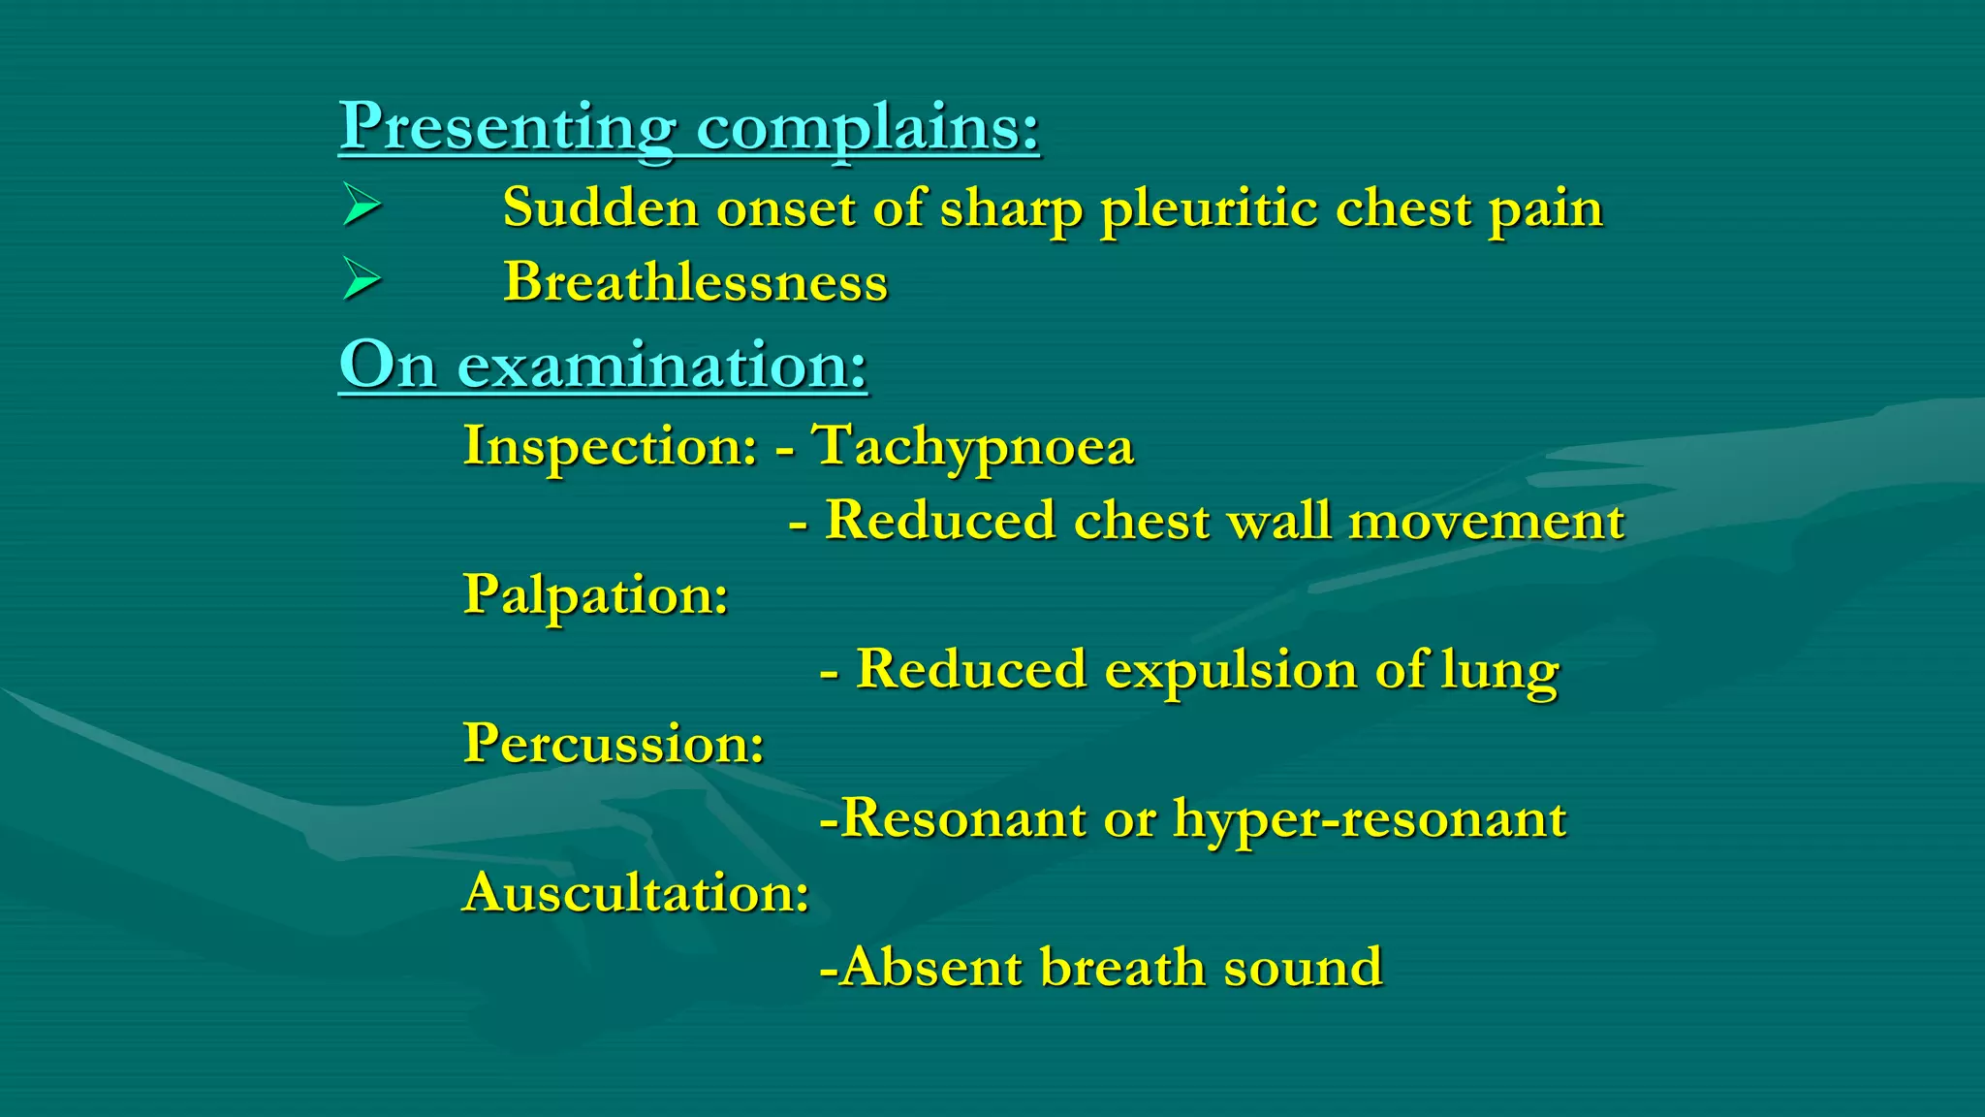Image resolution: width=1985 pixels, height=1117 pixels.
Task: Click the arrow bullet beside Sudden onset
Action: coord(362,207)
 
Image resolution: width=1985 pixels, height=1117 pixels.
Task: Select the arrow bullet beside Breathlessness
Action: coord(362,281)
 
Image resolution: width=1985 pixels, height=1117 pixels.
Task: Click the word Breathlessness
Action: coord(695,282)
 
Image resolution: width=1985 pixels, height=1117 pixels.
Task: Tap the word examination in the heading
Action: coord(662,366)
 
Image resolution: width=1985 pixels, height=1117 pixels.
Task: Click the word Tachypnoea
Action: coord(973,447)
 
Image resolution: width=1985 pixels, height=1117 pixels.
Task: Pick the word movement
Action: coord(1486,521)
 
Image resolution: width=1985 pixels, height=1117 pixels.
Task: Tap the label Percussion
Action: coord(614,744)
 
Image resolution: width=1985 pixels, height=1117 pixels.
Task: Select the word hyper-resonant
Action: coord(1369,819)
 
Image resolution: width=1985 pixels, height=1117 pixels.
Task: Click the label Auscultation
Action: coord(636,892)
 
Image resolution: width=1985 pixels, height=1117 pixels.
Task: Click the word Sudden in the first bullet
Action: coord(600,207)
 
